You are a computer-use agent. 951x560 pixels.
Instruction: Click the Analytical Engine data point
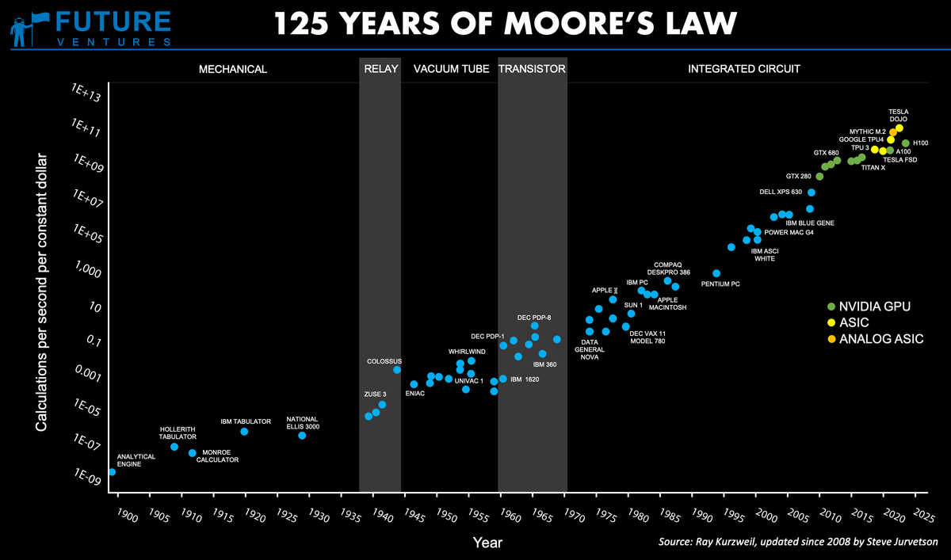[x=112, y=472]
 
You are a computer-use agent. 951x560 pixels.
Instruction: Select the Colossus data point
[x=397, y=370]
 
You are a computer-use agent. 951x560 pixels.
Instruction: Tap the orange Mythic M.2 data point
[x=893, y=132]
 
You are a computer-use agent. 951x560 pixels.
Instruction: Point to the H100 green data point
[x=906, y=143]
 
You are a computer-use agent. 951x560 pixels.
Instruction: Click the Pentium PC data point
[x=716, y=273]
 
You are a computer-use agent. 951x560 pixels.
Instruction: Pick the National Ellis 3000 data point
[x=302, y=436]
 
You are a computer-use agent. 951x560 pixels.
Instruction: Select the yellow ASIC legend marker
[x=831, y=322]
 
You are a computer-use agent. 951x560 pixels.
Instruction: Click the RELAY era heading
[x=380, y=69]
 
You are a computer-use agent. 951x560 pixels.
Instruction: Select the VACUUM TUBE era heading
[x=451, y=69]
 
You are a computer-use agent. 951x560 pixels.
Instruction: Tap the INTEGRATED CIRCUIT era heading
[x=743, y=69]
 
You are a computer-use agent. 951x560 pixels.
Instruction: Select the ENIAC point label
[x=415, y=394]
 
